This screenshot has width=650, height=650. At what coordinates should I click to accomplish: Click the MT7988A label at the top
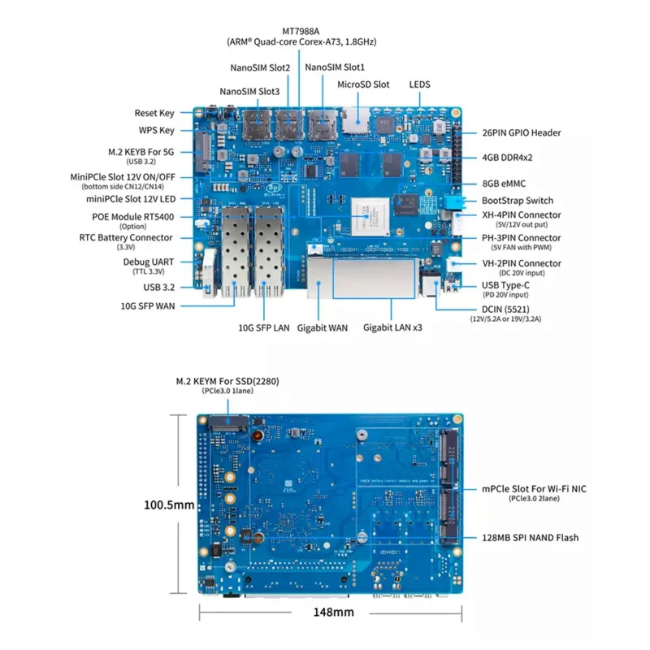pyautogui.click(x=301, y=29)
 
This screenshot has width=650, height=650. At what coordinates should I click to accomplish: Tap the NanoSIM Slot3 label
pyautogui.click(x=249, y=92)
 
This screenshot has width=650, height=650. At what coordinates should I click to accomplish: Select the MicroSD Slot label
pyautogui.click(x=363, y=84)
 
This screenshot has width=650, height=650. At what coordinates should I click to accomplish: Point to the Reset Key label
pyautogui.click(x=154, y=113)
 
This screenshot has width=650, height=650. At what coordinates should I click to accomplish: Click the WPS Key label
pyautogui.click(x=156, y=130)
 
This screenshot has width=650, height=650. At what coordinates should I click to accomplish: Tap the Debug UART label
pyautogui.click(x=148, y=262)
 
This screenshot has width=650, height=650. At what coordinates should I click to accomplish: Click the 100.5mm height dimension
pyautogui.click(x=169, y=505)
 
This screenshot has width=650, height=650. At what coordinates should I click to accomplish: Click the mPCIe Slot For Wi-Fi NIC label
pyautogui.click(x=533, y=489)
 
